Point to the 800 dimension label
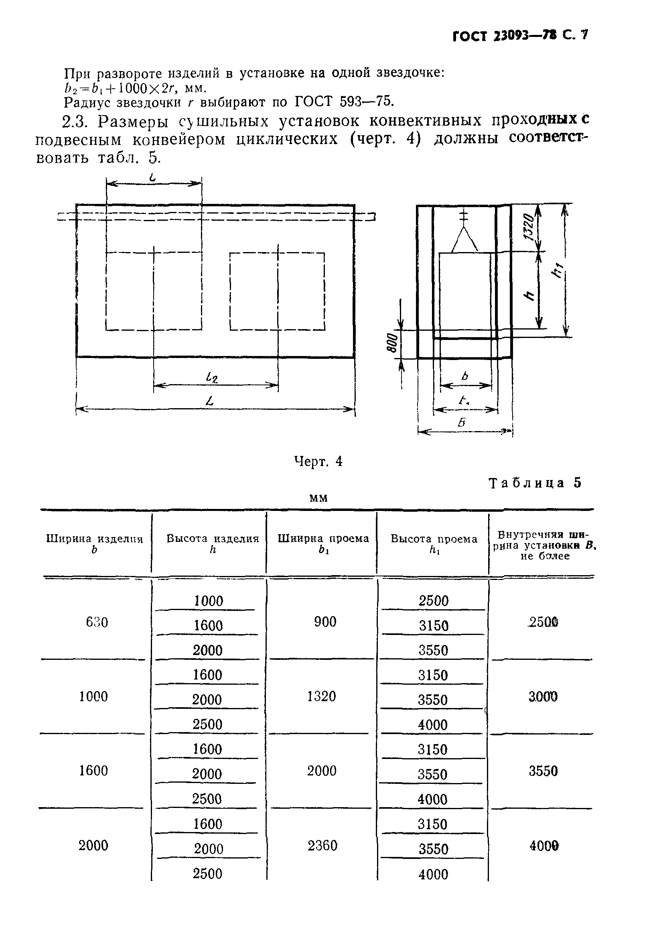[x=392, y=343]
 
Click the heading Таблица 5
[x=535, y=483]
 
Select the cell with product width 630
[x=97, y=622]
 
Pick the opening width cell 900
[x=325, y=622]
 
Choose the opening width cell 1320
[x=322, y=696]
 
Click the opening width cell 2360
[x=322, y=845]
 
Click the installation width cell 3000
[x=543, y=697]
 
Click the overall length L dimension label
[x=210, y=401]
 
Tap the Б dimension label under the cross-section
[x=462, y=423]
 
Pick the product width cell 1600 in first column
[x=93, y=771]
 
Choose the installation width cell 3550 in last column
[x=543, y=771]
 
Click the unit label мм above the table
[x=318, y=498]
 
